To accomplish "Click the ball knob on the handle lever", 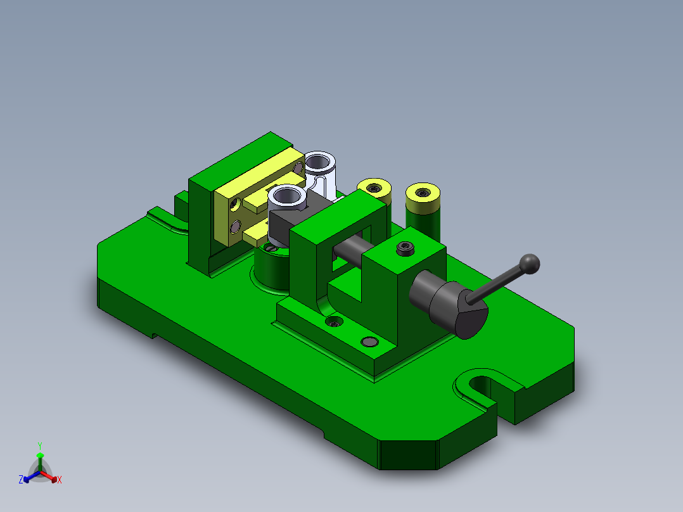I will coord(530,262).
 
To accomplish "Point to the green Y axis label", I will coord(39,445).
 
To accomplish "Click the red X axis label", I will coord(60,480).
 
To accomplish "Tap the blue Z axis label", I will coord(21,480).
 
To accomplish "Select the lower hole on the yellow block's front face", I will coord(236,226).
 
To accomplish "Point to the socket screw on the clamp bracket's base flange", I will coord(334,323).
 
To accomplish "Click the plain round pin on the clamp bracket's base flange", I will coord(369,342).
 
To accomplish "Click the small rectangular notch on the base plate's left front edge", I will coord(152,335).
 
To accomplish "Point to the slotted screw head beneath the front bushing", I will coord(272,249).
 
